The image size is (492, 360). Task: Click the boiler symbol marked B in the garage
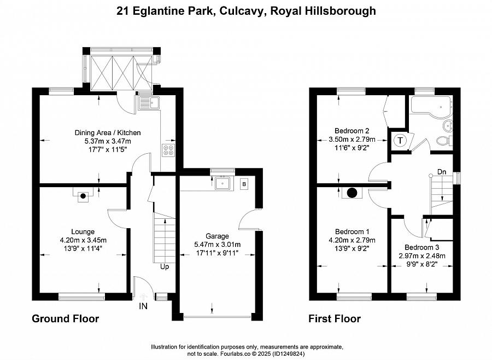click(244, 184)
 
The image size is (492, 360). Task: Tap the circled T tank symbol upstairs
click(400, 141)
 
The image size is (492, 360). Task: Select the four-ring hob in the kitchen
click(168, 150)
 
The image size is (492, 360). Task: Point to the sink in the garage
click(223, 183)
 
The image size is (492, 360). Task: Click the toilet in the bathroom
click(444, 141)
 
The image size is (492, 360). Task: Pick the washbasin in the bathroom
click(447, 126)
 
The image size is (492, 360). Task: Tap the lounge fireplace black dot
click(83, 196)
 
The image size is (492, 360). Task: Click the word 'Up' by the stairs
click(165, 266)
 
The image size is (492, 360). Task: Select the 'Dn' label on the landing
click(442, 172)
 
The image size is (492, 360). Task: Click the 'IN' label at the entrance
click(143, 306)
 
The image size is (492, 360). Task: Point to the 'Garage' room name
click(217, 236)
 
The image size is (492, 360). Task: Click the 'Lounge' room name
click(83, 232)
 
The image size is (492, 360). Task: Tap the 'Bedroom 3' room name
click(421, 247)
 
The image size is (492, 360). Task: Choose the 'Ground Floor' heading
click(65, 318)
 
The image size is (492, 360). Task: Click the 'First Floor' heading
click(335, 318)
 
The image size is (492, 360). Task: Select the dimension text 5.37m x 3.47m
click(107, 141)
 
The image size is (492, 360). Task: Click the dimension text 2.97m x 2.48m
click(422, 256)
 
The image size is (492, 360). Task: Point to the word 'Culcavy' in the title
click(241, 11)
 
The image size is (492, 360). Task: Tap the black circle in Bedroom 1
click(352, 193)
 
